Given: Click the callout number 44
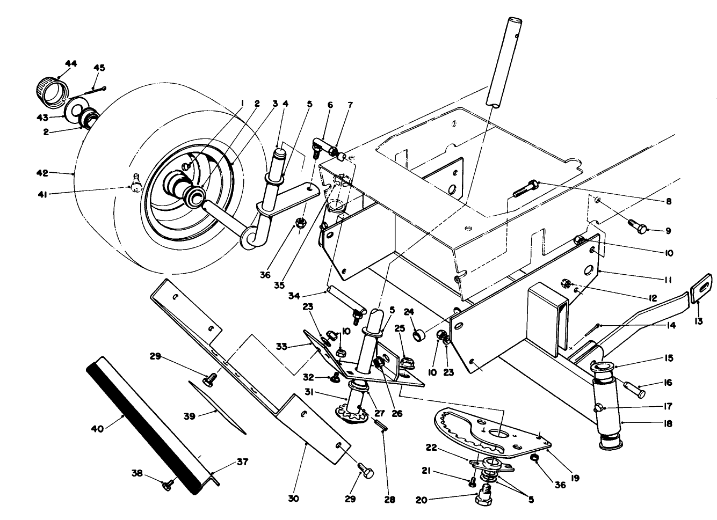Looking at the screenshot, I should [x=70, y=64].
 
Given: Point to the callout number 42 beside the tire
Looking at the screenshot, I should [x=42, y=173].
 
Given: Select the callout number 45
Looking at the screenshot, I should [x=99, y=68].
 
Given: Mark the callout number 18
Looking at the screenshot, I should [x=668, y=423].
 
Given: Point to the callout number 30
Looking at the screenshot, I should [x=293, y=499].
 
